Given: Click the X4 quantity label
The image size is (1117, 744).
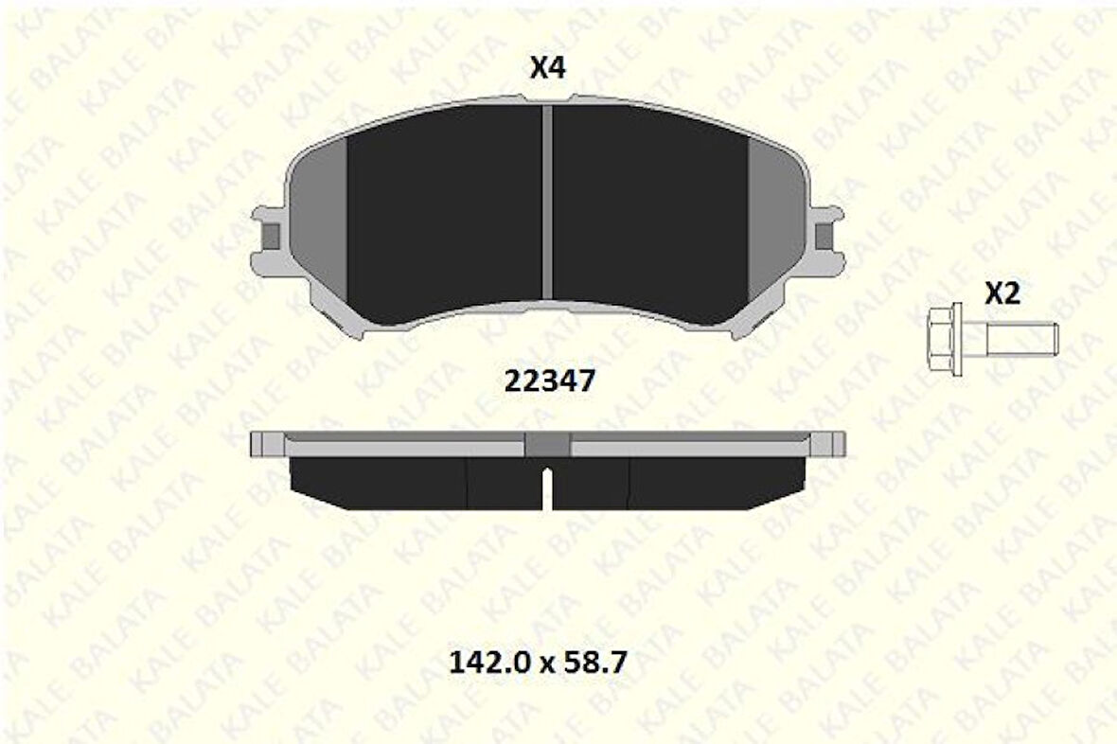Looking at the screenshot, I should pyautogui.click(x=547, y=68).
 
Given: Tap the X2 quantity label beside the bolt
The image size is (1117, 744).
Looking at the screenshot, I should pyautogui.click(x=1002, y=294).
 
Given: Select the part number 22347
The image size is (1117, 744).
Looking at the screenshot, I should pyautogui.click(x=549, y=381).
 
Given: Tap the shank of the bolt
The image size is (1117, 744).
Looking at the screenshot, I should pyautogui.click(x=1022, y=336).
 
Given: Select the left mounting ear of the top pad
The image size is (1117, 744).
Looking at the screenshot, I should pyautogui.click(x=268, y=237).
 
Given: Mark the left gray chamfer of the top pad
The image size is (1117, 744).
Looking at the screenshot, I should pyautogui.click(x=318, y=227).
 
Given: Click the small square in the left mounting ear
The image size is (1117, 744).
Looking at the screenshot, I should pyautogui.click(x=271, y=236).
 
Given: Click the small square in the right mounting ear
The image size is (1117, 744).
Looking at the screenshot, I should pyautogui.click(x=824, y=236).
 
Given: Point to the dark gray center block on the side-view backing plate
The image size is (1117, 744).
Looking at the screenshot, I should pyautogui.click(x=547, y=444).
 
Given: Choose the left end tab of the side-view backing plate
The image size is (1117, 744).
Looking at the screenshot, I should pyautogui.click(x=265, y=443).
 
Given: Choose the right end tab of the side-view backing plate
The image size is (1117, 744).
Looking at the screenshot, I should pyautogui.click(x=829, y=443).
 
